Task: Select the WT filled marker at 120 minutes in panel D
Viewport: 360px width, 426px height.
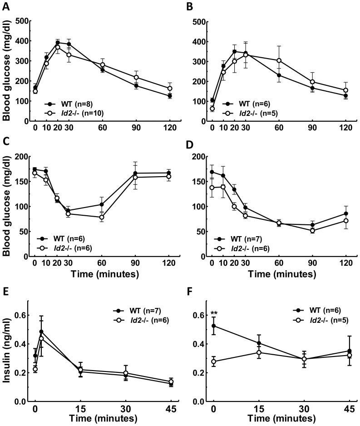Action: pyautogui.click(x=346, y=213)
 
